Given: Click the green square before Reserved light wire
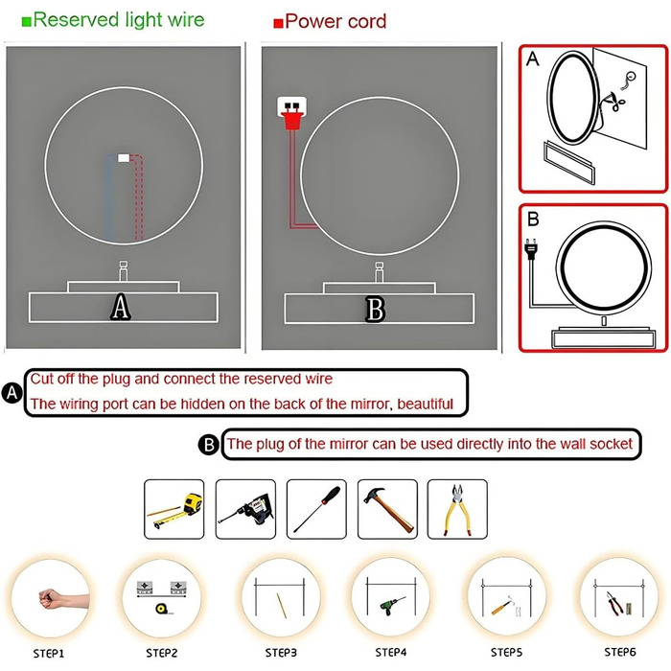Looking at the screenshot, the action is [x=27, y=21].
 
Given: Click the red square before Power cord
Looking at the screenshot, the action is [x=278, y=23].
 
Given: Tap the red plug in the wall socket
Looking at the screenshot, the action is [x=291, y=117].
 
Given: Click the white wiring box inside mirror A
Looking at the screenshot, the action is [x=124, y=158].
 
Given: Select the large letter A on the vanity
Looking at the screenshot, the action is [x=121, y=307].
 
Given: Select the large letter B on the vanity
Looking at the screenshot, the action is [x=376, y=309].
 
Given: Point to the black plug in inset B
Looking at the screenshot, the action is [x=531, y=249].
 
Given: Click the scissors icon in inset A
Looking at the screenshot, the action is [x=617, y=101].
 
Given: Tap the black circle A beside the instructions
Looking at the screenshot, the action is [x=12, y=392].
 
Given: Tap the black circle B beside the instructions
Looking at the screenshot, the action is [x=209, y=444].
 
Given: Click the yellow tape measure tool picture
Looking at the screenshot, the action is [x=174, y=509].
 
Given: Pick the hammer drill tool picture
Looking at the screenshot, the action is [x=245, y=509].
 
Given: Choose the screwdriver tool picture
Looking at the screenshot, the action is [x=316, y=509].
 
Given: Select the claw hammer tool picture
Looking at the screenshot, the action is [x=387, y=509].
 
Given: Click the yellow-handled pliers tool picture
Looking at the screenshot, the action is [x=457, y=509].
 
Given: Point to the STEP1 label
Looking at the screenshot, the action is [x=49, y=654].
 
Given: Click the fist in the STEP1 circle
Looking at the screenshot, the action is [x=51, y=598].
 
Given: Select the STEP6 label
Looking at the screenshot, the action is [x=620, y=652].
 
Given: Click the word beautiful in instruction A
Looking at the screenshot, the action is [x=425, y=404].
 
